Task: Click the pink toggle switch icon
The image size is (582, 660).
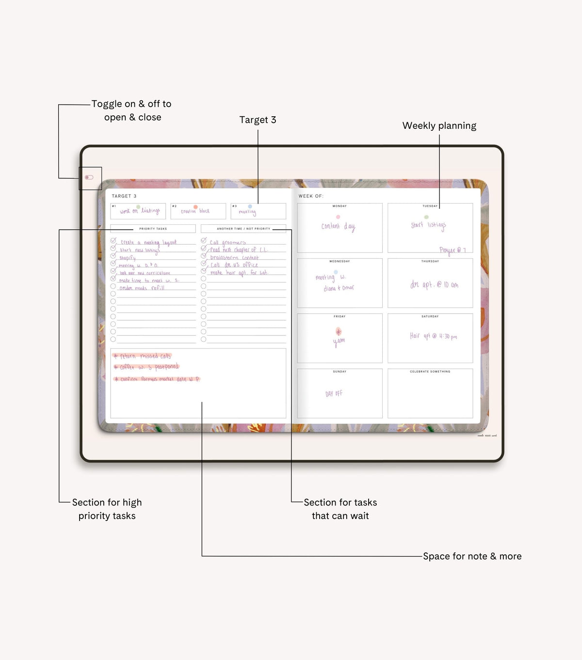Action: pyautogui.click(x=89, y=177)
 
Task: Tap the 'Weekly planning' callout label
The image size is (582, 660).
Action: pyautogui.click(x=439, y=126)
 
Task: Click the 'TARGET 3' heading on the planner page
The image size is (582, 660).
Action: pyautogui.click(x=124, y=196)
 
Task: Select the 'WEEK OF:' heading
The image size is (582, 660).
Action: pyautogui.click(x=311, y=196)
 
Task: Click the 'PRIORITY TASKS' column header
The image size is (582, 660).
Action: pyautogui.click(x=153, y=229)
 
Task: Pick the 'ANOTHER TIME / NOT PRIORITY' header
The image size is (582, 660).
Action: pyautogui.click(x=243, y=229)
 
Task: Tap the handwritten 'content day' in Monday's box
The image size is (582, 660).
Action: pyautogui.click(x=338, y=226)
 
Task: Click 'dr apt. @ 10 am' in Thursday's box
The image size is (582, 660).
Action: pyautogui.click(x=434, y=285)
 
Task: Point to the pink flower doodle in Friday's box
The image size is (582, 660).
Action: pyautogui.click(x=339, y=331)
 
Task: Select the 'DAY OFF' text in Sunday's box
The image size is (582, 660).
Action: pyautogui.click(x=334, y=394)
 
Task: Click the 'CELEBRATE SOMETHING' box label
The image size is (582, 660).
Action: pyautogui.click(x=430, y=372)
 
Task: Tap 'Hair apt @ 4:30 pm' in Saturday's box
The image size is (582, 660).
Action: pyautogui.click(x=433, y=336)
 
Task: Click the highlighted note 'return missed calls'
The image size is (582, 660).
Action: pyautogui.click(x=143, y=356)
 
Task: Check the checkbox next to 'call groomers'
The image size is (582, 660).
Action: pyautogui.click(x=204, y=241)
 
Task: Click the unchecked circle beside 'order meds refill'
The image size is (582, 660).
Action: pyautogui.click(x=113, y=286)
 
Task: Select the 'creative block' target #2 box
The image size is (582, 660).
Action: pyautogui.click(x=197, y=211)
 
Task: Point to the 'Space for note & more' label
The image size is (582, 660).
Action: pyautogui.click(x=472, y=556)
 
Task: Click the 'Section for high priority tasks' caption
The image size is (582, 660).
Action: pyautogui.click(x=107, y=509)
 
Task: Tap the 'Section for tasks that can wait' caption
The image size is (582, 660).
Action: pyautogui.click(x=340, y=509)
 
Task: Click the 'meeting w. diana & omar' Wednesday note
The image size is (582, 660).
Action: pyautogui.click(x=335, y=283)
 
